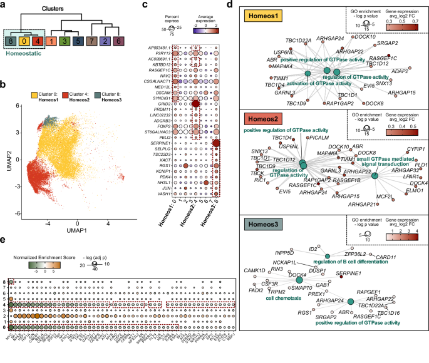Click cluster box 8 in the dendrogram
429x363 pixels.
point(10,42)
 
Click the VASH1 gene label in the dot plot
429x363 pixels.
point(164,194)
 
